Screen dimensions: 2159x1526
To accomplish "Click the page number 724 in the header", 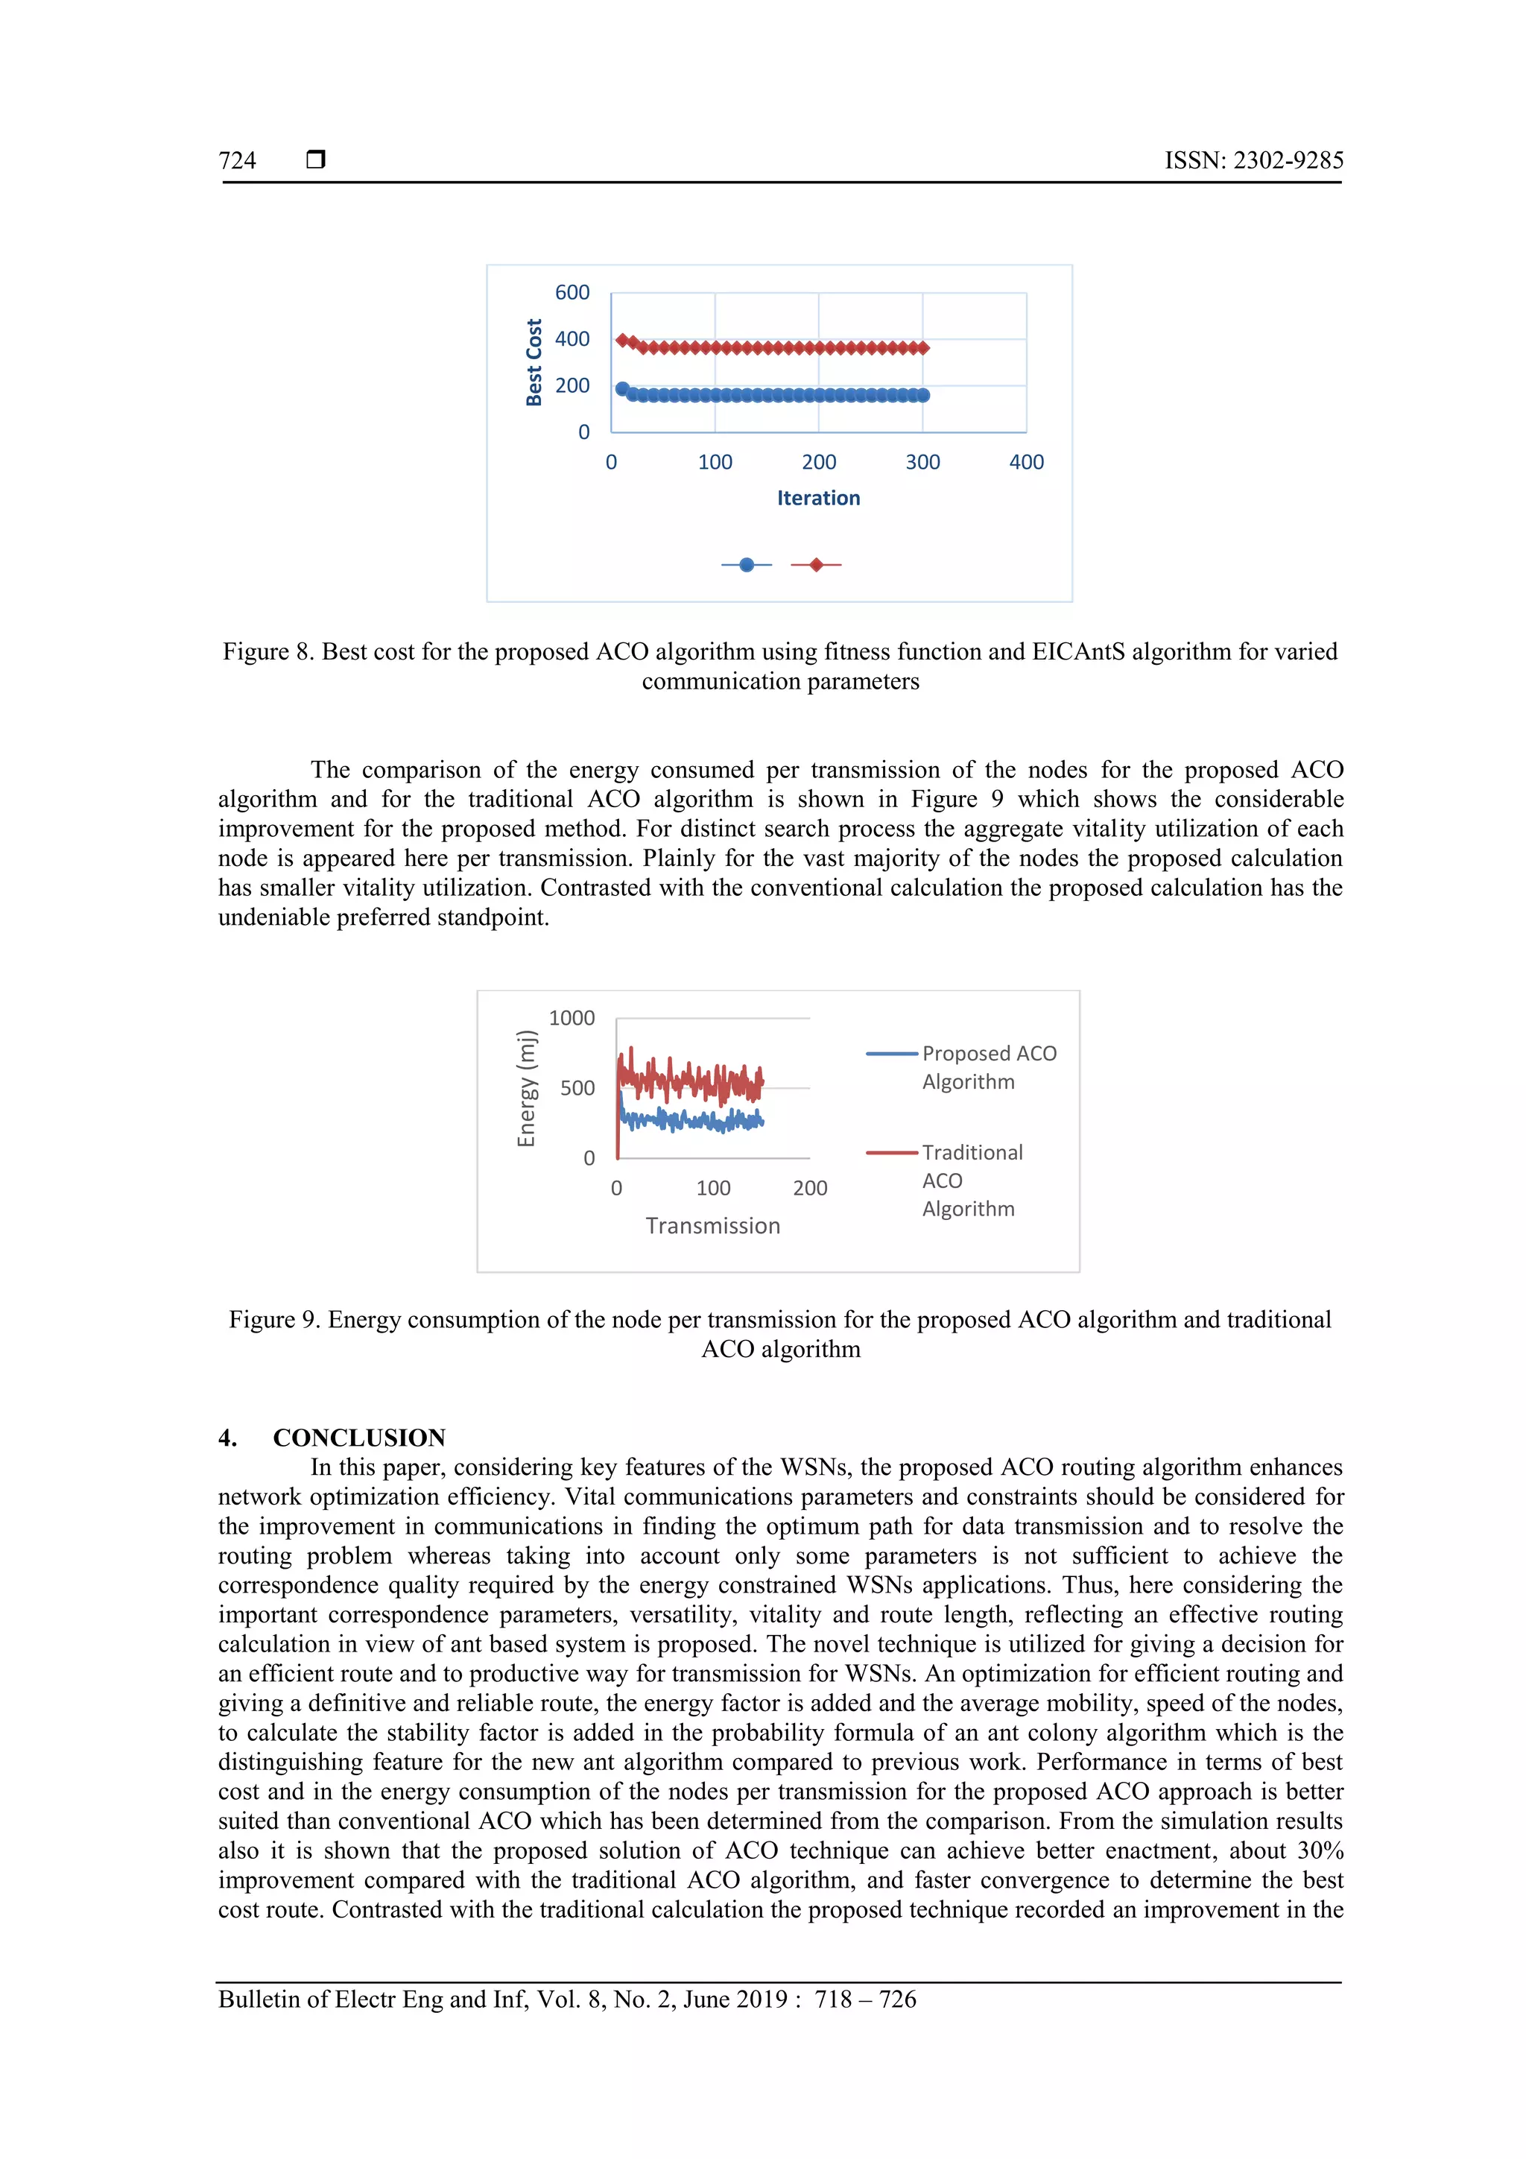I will point(237,161).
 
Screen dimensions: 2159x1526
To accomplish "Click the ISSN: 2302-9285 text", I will point(1253,161).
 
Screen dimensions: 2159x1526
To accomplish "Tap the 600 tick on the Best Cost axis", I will point(572,292).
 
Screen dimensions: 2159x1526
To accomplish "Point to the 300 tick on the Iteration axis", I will point(922,462).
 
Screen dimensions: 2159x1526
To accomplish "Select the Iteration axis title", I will point(818,499).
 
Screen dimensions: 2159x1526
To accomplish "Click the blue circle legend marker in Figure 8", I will point(747,564).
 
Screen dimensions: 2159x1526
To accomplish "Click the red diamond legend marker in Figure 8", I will point(816,564).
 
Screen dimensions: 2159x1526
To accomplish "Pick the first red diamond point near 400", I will point(621,339).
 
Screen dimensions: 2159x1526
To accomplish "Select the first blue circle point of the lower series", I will point(621,388).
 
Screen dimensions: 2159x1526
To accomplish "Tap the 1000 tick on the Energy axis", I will point(572,1018).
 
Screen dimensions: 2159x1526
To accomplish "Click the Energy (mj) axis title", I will point(527,1088).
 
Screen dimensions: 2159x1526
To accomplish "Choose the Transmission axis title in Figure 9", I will point(712,1226).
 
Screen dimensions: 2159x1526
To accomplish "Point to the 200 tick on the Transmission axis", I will point(809,1189).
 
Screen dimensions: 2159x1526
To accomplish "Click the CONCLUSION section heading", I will point(358,1438).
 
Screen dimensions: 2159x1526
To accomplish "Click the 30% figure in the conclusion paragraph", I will point(1320,1850).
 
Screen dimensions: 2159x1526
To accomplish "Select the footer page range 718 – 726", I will point(865,2000).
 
